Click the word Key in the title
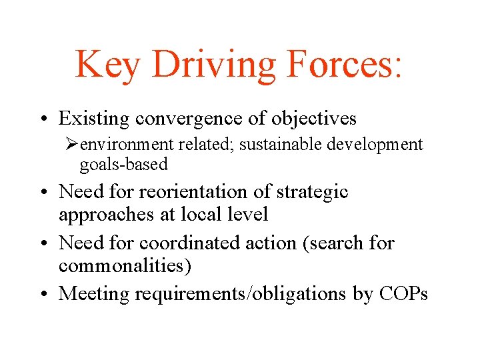108,65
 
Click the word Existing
94,119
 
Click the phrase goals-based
123,163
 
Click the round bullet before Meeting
48,294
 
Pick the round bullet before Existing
48,119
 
